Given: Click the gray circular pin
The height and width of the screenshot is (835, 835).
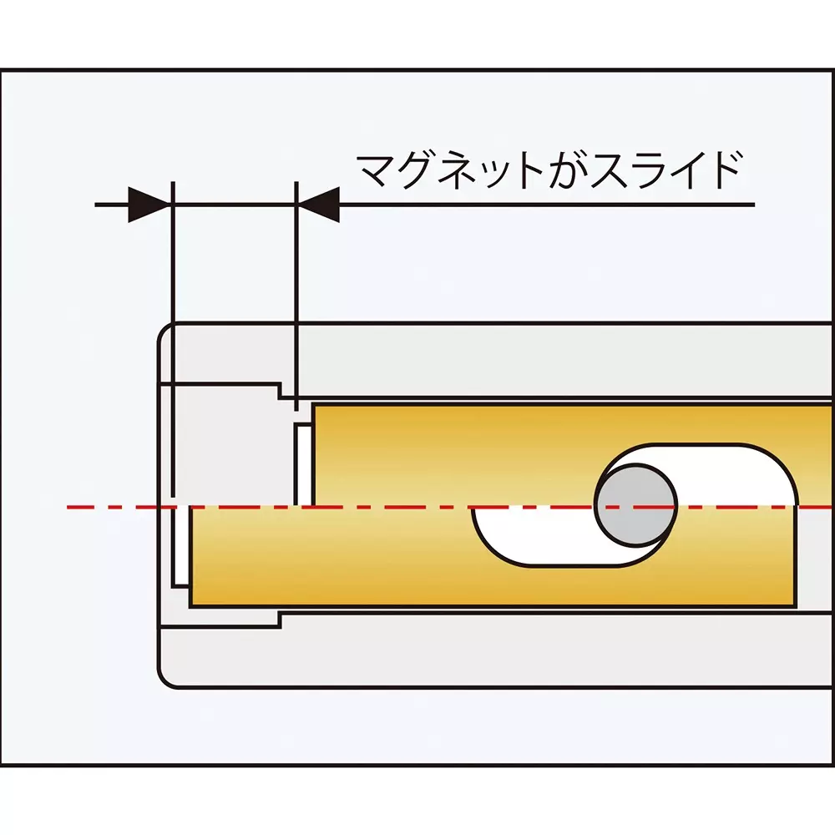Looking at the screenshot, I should coord(635,503).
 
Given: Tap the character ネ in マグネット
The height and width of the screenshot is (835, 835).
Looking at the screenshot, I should coord(463,171).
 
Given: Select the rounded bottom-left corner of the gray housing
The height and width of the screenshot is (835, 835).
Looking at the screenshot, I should coord(166,680).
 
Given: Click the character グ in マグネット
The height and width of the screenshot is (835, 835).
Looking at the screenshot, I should coord(419,171).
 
